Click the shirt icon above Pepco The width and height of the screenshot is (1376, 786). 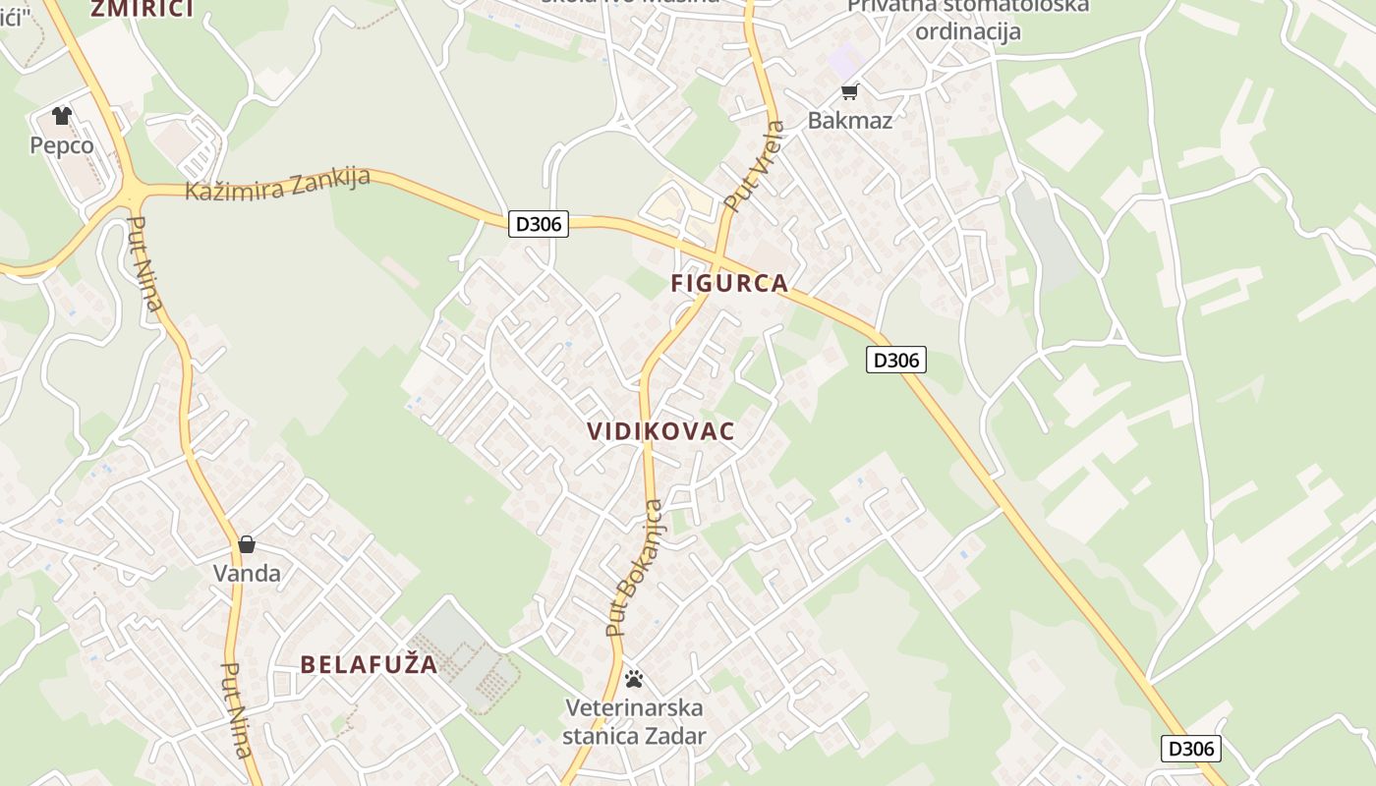click(62, 116)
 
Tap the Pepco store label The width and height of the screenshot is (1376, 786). click(62, 145)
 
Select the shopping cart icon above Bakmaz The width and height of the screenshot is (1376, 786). click(849, 92)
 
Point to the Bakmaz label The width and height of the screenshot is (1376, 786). click(849, 121)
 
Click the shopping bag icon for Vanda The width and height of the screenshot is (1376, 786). click(247, 544)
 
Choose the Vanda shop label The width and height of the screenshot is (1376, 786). click(247, 573)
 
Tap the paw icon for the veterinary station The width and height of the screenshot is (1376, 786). click(634, 679)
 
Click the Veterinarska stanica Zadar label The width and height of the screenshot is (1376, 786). click(634, 721)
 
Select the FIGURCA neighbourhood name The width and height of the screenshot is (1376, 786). click(729, 284)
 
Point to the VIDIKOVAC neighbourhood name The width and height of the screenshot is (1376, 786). click(660, 431)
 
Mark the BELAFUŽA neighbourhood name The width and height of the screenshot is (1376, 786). click(369, 664)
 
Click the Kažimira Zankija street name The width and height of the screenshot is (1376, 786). click(277, 184)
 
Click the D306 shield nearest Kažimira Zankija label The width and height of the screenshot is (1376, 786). click(540, 224)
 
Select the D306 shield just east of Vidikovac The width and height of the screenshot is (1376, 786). click(896, 360)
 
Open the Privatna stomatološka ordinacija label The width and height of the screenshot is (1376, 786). click(967, 19)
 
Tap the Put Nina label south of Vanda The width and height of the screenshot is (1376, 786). click(236, 709)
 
